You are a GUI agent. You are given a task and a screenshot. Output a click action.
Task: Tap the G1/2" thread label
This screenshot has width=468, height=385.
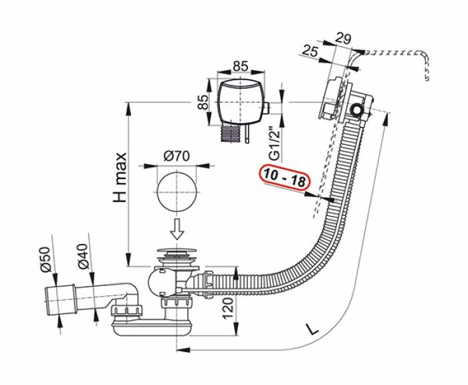(x=273, y=142)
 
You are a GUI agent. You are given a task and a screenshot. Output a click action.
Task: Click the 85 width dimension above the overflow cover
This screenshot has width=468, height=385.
(x=241, y=66)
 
